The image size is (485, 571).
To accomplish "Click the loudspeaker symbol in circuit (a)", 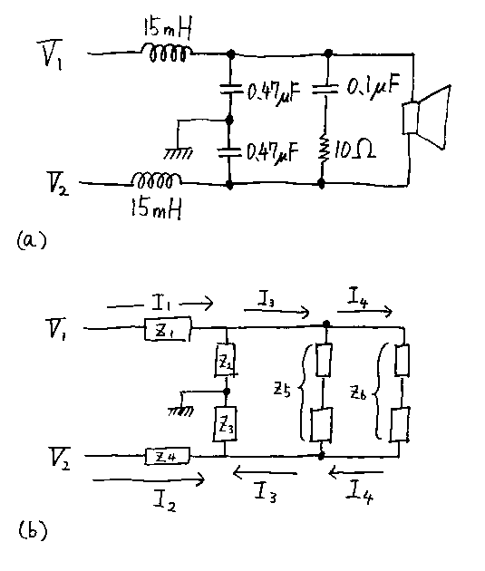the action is coord(426,118).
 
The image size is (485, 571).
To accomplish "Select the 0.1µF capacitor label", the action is coord(373,87).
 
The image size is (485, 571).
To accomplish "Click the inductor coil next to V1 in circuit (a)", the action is coord(166,53).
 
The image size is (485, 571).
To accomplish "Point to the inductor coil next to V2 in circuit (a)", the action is coord(156,180).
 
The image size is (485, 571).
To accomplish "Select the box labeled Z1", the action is coord(168,330).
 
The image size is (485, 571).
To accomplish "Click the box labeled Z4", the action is coord(168,456).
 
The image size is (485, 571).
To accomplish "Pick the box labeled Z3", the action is coord(226,424).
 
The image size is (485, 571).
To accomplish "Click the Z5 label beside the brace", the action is coord(282,391).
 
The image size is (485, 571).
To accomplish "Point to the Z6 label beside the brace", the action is coord(358,393).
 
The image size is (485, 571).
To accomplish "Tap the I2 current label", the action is coord(165,500).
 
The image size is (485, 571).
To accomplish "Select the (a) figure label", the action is coord(32,240).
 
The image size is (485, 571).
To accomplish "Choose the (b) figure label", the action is coord(33,530).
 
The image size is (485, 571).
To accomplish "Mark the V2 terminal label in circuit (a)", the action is coord(57,184).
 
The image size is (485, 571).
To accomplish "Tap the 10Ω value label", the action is coord(354,150).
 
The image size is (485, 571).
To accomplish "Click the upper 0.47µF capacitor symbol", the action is coord(230,89).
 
